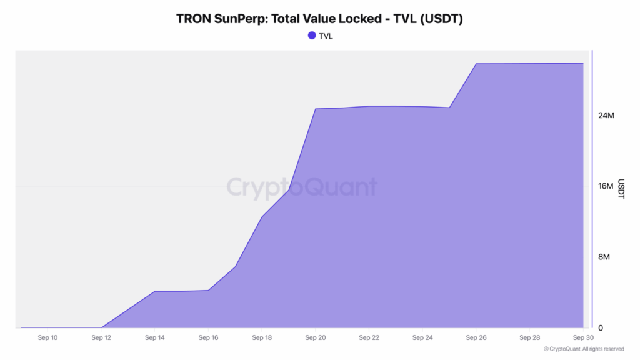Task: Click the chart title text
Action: pyautogui.click(x=319, y=19)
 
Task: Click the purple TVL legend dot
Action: pyautogui.click(x=312, y=36)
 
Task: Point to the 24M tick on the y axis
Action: pyautogui.click(x=606, y=116)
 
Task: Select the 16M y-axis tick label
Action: pyautogui.click(x=606, y=186)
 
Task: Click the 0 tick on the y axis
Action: pyautogui.click(x=600, y=327)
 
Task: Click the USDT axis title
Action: pyautogui.click(x=621, y=189)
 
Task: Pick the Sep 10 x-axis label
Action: pyautogui.click(x=47, y=338)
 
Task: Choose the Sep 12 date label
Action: pyautogui.click(x=101, y=338)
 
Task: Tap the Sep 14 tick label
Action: pyautogui.click(x=154, y=338)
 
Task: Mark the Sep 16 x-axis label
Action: pyautogui.click(x=208, y=338)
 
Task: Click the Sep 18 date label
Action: pyautogui.click(x=262, y=338)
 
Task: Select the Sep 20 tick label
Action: pyautogui.click(x=316, y=338)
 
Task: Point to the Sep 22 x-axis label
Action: pyautogui.click(x=369, y=338)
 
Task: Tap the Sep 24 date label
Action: pyautogui.click(x=422, y=338)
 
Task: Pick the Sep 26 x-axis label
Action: pyautogui.click(x=476, y=338)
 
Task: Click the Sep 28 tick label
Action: pyautogui.click(x=530, y=338)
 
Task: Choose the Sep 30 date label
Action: pyautogui.click(x=582, y=338)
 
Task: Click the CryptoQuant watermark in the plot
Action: pyautogui.click(x=301, y=187)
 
